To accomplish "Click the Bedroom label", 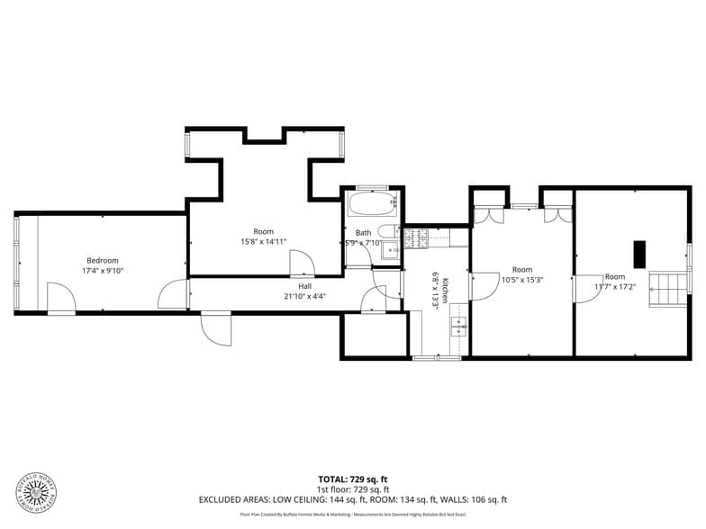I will pyautogui.click(x=102, y=260).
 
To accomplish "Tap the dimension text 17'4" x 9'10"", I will pyautogui.click(x=102, y=270).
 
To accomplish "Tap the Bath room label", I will pyautogui.click(x=363, y=233).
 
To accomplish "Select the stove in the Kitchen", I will pyautogui.click(x=416, y=238).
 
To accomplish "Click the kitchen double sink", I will pyautogui.click(x=458, y=326).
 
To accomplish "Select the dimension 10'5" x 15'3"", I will pyautogui.click(x=522, y=280).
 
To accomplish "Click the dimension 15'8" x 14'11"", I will pyautogui.click(x=263, y=242).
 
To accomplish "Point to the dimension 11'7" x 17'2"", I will pyautogui.click(x=615, y=287).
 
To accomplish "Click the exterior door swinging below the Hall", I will pyautogui.click(x=216, y=328).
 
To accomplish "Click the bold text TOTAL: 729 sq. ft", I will pyautogui.click(x=353, y=479).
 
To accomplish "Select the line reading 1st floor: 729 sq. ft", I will pyautogui.click(x=353, y=489).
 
